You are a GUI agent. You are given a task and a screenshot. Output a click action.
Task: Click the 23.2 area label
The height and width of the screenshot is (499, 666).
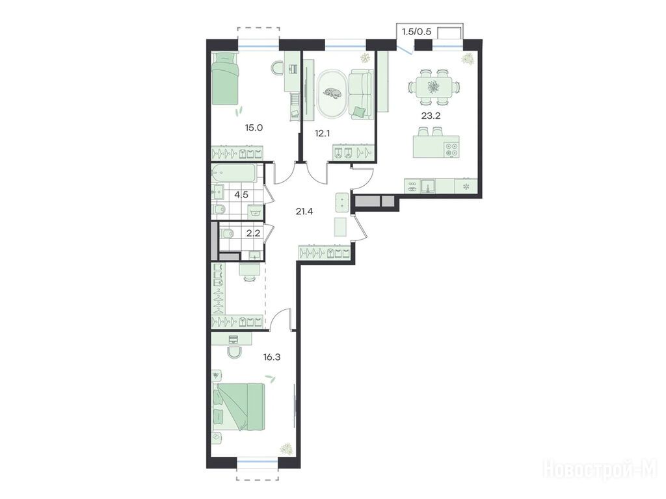(x=431, y=116)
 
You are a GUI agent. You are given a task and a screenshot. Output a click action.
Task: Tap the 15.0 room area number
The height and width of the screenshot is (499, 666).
(x=254, y=127)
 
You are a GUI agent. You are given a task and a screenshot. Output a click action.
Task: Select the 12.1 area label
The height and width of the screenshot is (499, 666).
(x=323, y=133)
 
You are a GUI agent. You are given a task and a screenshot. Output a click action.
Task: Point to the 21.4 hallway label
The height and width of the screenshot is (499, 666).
(x=304, y=211)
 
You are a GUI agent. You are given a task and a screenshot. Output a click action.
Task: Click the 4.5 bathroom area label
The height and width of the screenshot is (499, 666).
(x=241, y=195)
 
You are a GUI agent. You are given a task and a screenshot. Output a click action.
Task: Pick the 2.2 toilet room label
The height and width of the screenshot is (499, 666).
(x=253, y=232)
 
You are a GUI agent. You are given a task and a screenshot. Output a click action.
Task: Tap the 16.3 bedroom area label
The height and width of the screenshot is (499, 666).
(x=271, y=357)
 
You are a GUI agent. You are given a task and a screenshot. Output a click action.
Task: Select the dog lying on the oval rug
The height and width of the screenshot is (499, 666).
(x=332, y=92)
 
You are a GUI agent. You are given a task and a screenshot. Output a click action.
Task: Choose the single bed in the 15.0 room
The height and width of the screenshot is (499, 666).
(x=224, y=78)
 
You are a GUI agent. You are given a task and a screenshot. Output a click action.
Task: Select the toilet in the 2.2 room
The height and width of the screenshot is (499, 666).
(x=227, y=233)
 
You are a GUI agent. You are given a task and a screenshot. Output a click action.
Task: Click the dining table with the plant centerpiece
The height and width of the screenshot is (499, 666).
(x=434, y=88)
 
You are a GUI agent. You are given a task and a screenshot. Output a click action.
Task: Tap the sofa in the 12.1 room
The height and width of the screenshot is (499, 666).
(x=360, y=94)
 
